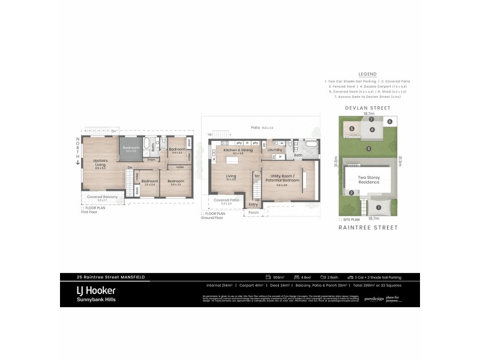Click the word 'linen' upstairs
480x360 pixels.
tap(152, 159)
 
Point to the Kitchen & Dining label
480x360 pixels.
tap(238, 150)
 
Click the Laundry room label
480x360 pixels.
tap(275, 150)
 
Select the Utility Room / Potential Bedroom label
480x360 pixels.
tap(282, 178)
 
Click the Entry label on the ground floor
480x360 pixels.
tap(253, 205)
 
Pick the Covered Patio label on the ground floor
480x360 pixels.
tap(226, 200)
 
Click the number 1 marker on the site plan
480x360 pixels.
tap(378, 208)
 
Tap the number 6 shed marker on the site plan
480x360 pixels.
tap(390, 121)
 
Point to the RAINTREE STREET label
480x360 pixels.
tap(368, 227)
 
